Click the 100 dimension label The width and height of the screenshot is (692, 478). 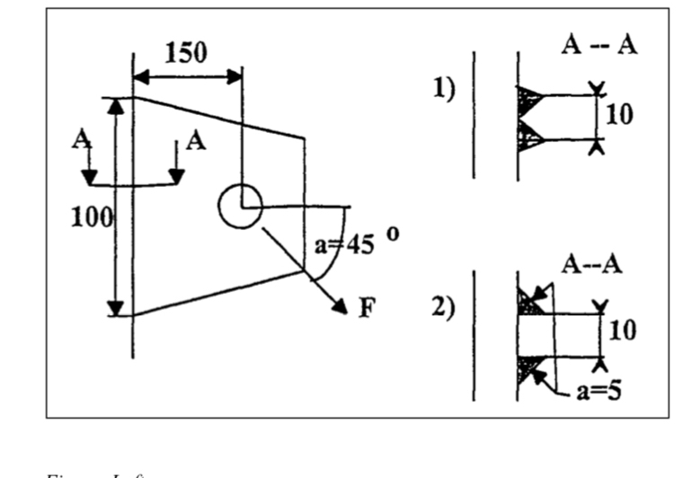[x=93, y=216]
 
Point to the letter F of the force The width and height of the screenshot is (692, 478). [x=367, y=308]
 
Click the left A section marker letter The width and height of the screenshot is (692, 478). [x=84, y=142]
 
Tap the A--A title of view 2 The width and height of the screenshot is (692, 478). [x=592, y=264]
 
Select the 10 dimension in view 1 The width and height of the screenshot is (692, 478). [x=619, y=114]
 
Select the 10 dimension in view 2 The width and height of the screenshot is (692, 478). [x=621, y=330]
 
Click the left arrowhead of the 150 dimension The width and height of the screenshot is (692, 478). [x=140, y=75]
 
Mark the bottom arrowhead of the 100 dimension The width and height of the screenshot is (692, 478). [x=115, y=310]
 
